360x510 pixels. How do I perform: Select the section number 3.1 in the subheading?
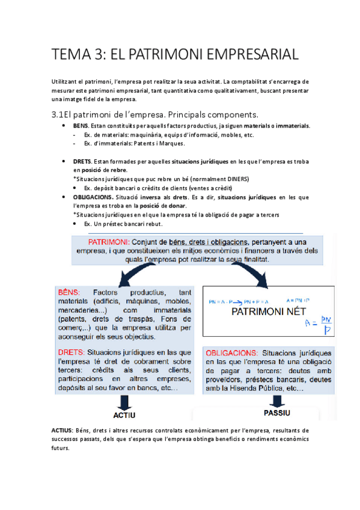click(61, 114)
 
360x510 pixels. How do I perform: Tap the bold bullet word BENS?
click(81, 126)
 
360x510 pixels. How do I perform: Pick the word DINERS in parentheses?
click(236, 179)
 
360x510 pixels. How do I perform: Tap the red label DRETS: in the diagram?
click(72, 351)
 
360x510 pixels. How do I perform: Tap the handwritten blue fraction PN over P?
click(328, 325)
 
